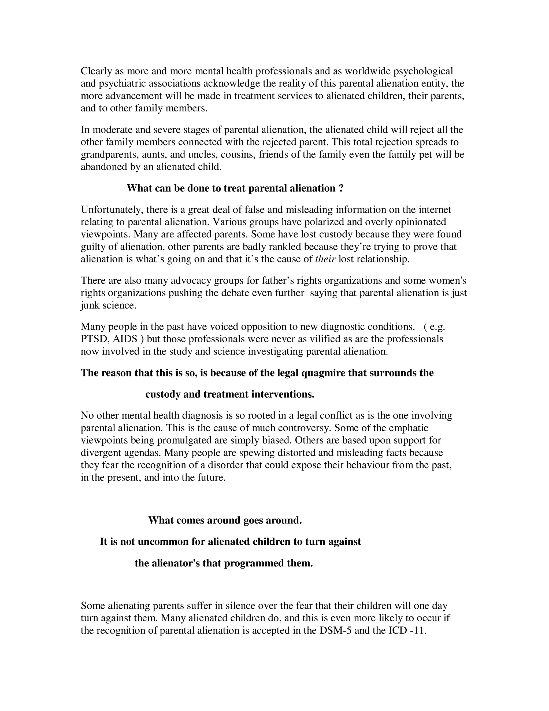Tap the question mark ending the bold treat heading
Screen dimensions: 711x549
[341, 188]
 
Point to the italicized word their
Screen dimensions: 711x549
[325, 259]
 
